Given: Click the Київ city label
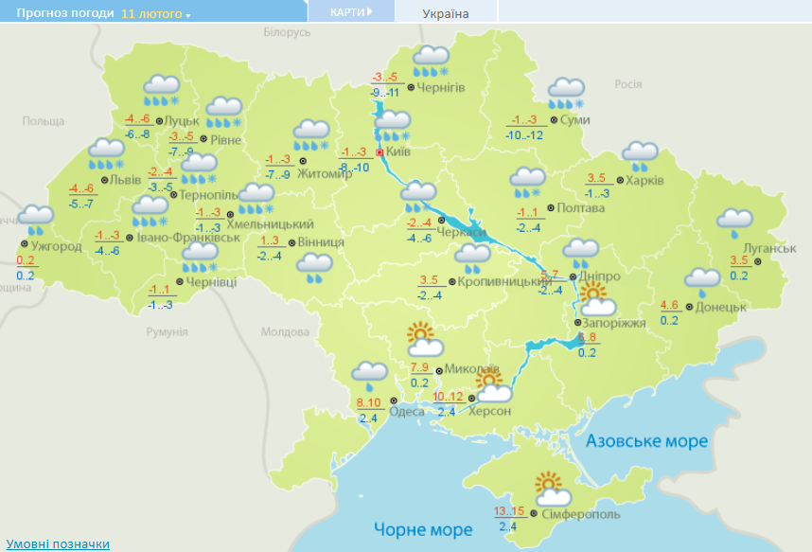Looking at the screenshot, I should click(398, 151).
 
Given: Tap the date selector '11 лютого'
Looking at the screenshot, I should click(154, 15).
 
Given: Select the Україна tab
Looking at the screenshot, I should click(445, 13).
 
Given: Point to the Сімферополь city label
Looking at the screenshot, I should click(581, 513).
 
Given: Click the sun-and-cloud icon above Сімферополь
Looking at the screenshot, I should click(551, 490).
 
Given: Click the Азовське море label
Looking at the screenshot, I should click(646, 442).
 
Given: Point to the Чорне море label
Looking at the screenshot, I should click(422, 528).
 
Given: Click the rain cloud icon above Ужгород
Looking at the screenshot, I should click(38, 219).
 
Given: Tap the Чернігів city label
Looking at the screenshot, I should click(441, 88).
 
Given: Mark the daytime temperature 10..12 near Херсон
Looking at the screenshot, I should click(447, 397).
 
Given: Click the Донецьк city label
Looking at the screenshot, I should click(722, 307).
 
